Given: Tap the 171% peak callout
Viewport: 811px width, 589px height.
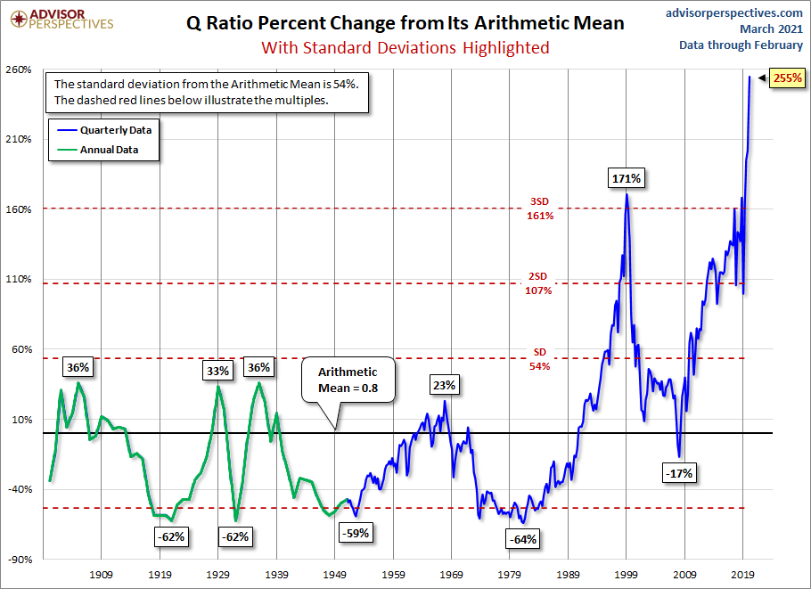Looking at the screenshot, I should [627, 178].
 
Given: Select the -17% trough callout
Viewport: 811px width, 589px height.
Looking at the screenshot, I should [679, 473].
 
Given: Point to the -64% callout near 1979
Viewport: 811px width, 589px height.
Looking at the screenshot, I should [522, 539].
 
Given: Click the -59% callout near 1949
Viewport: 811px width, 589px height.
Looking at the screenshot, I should [355, 533].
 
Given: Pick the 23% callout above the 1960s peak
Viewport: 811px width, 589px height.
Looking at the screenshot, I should [445, 386].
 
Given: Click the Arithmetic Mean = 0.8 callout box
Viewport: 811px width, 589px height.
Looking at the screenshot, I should [348, 380].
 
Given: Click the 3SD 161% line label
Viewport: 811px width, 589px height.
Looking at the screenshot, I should [539, 209].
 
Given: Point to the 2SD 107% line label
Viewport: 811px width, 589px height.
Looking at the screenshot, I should [539, 284].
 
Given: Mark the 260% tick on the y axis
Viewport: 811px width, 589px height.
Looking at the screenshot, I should [19, 70].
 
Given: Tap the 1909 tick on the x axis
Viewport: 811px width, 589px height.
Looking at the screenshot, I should [101, 576].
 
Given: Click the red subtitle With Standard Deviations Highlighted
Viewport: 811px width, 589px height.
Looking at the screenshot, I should [405, 47].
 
